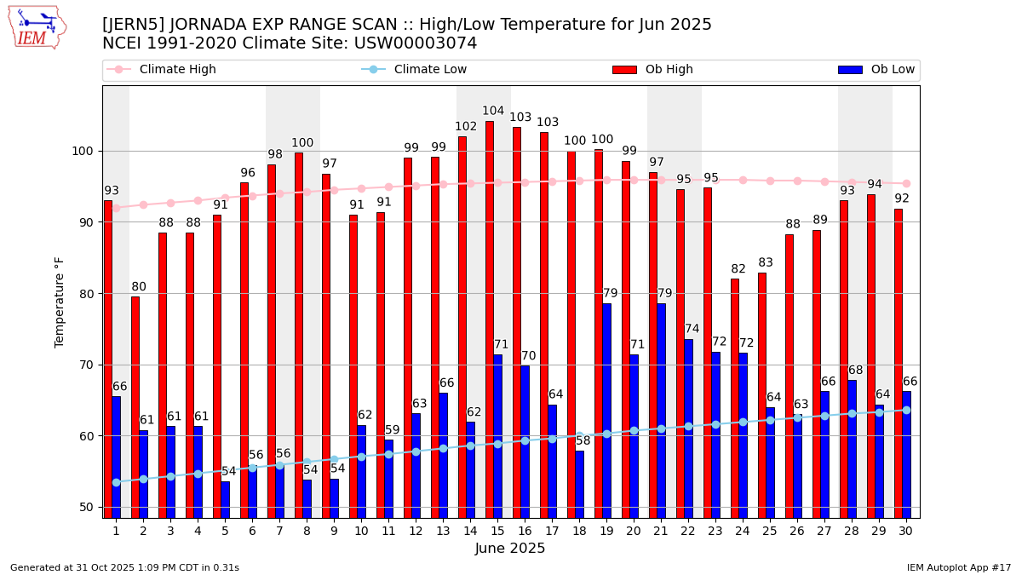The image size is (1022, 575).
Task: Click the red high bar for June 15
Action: pos(490,319)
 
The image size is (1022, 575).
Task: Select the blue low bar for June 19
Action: pos(607,410)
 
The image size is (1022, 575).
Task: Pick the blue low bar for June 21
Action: pos(662,410)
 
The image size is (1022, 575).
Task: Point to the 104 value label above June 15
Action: pos(493,112)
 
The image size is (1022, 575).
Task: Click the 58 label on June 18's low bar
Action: pos(583,441)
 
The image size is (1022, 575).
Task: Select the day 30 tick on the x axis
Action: pos(906,531)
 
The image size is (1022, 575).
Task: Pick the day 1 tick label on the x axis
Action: pos(116,531)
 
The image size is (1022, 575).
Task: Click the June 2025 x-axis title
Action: pos(510,549)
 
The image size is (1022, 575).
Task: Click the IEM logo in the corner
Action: pos(37,27)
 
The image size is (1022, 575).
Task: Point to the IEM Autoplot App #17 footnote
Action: pos(958,567)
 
